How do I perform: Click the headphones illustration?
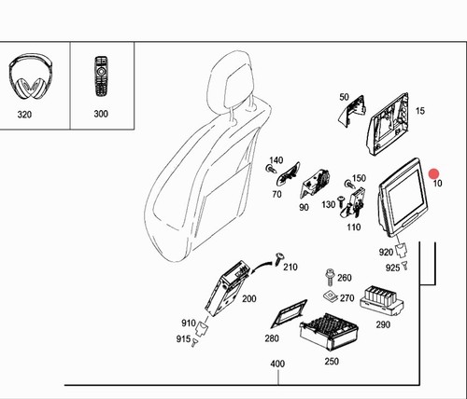pos(31,76)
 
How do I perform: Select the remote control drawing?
pos(101,76)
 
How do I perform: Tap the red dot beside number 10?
pos(433,174)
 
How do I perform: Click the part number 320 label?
pos(24,115)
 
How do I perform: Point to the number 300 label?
pos(101,114)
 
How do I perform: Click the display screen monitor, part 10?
pos(403,197)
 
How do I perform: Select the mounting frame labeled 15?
pos(389,124)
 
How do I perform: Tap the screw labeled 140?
pos(271,169)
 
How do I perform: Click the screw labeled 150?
pos(350,184)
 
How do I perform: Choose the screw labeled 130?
pos(341,200)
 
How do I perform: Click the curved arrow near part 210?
pos(262,267)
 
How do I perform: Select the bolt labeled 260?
pos(329,278)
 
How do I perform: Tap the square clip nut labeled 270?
pos(331,296)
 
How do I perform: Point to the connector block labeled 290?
pos(382,300)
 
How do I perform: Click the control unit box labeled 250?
pos(329,332)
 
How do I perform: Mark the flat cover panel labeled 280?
pos(289,314)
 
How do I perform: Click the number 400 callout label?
pos(277,364)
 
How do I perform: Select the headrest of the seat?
pos(230,81)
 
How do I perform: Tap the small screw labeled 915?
pos(194,343)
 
